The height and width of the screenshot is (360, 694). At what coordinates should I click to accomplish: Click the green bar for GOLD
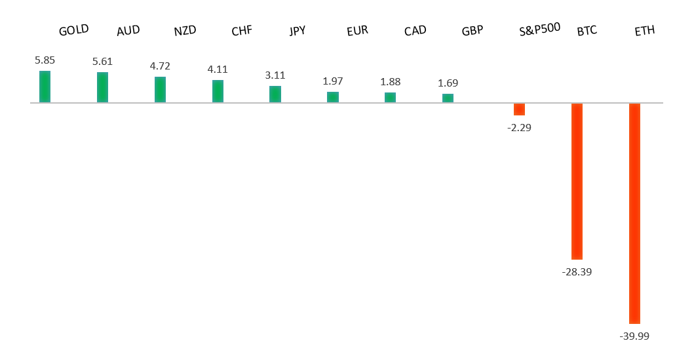click(x=45, y=87)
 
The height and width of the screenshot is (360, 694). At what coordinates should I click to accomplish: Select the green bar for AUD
click(x=102, y=87)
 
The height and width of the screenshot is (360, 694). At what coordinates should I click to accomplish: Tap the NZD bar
click(x=160, y=89)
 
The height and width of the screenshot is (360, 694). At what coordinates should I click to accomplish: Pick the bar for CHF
click(x=218, y=91)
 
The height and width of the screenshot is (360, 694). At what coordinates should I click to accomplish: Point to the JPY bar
click(x=275, y=94)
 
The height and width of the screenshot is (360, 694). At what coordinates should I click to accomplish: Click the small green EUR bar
click(x=333, y=97)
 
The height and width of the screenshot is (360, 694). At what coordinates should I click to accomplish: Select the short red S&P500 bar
click(x=519, y=109)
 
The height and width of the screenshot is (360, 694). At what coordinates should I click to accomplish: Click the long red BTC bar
click(x=577, y=181)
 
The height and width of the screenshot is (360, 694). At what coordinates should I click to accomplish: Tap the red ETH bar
click(x=634, y=213)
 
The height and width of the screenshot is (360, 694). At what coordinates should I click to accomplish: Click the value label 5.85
click(x=45, y=60)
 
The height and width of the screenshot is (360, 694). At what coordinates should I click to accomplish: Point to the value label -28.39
click(x=577, y=271)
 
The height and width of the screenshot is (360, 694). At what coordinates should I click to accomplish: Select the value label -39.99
click(x=634, y=336)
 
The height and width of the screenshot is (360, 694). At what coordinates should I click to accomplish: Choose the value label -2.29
click(x=519, y=127)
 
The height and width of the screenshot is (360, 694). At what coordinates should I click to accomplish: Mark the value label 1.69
click(x=448, y=83)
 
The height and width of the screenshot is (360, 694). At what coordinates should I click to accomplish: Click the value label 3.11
click(x=275, y=75)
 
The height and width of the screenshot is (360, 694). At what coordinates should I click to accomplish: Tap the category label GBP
click(x=472, y=31)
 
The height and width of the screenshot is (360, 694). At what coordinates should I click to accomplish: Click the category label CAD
click(x=415, y=31)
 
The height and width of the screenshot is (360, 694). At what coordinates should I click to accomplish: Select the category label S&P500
click(x=539, y=30)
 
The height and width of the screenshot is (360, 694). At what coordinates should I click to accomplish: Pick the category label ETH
click(x=645, y=31)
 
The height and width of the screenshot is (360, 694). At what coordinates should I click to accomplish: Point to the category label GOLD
click(x=73, y=30)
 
